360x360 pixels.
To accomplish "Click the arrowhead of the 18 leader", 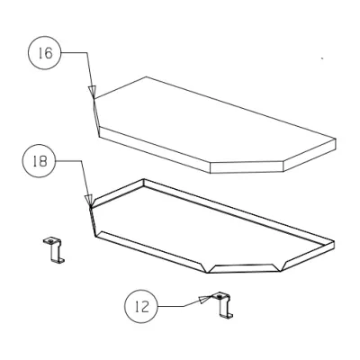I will [89, 202].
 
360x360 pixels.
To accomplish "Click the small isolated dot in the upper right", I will [322, 59].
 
